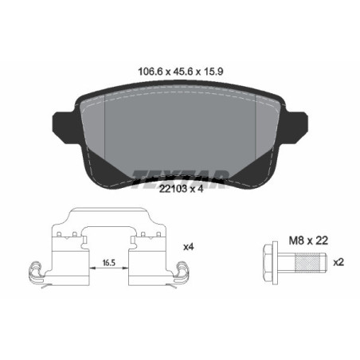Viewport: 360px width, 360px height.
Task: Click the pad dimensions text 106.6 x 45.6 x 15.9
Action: point(180,70)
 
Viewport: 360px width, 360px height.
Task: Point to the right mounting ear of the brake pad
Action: point(298,124)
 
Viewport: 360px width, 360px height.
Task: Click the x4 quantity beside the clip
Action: point(188,248)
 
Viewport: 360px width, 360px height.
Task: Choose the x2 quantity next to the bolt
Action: point(338,261)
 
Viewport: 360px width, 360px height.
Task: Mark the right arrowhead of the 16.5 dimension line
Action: point(125,269)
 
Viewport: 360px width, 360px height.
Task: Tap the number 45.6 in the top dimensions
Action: point(181,70)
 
